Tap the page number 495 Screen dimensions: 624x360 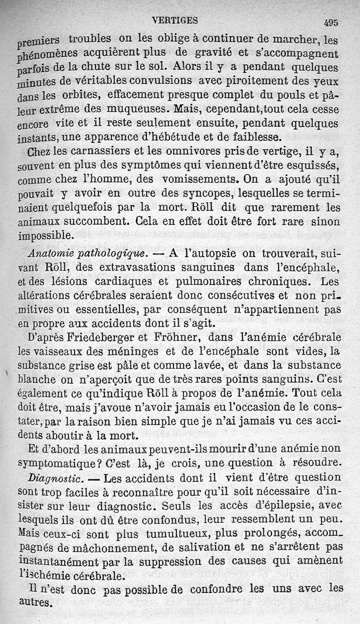click(x=330, y=23)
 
